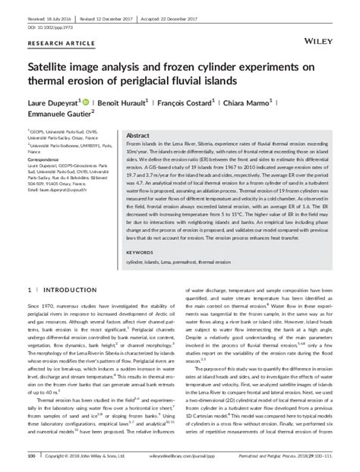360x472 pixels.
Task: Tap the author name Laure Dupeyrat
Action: [52, 100]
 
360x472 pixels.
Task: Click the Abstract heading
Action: [139, 133]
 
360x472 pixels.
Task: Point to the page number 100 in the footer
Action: [32, 457]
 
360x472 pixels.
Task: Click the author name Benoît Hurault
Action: [130, 100]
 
